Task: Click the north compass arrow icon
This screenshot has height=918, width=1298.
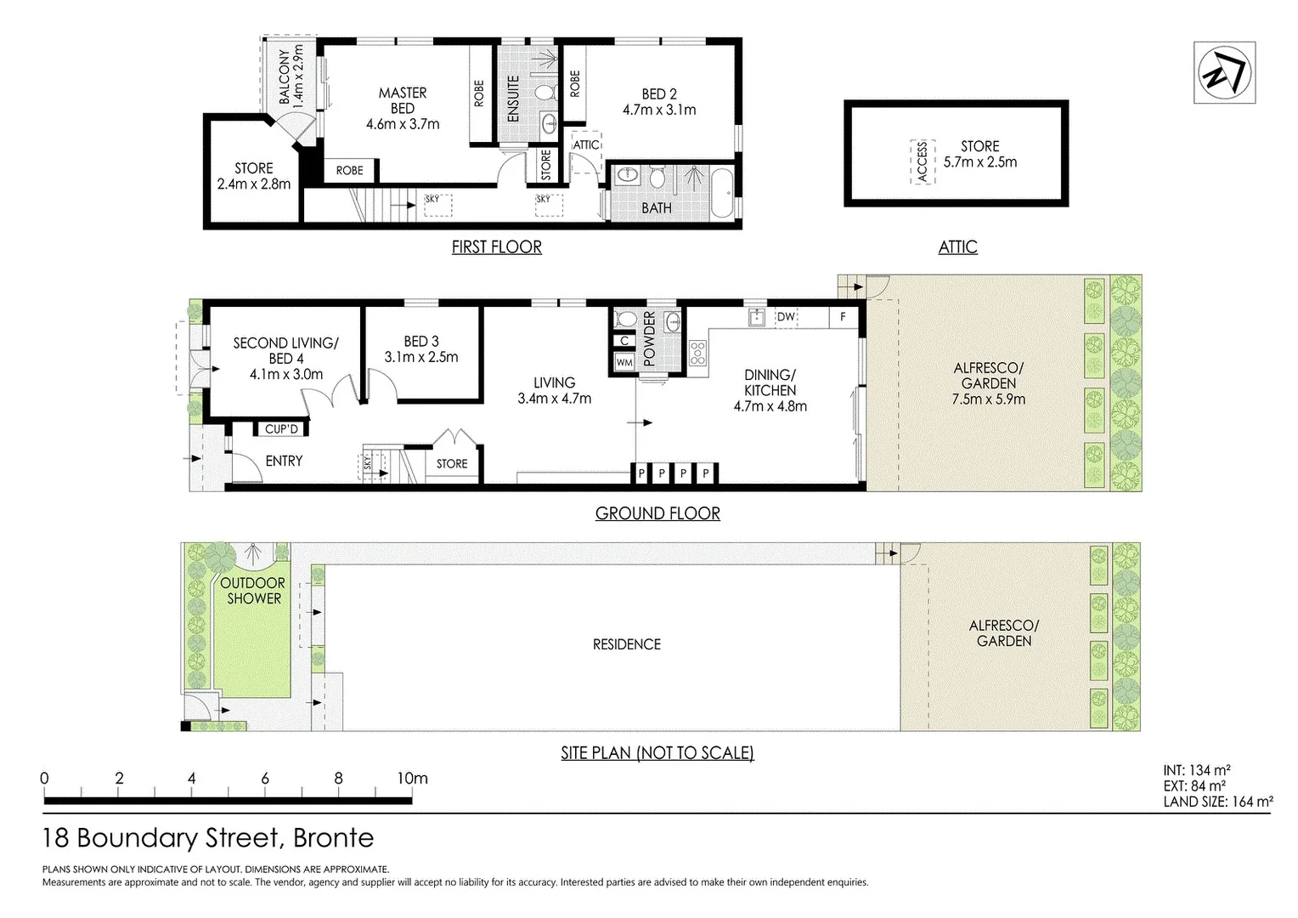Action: coord(1224,73)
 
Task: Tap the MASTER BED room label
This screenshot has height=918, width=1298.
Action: coord(403,100)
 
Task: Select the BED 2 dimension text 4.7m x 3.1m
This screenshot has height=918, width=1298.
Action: coord(659,110)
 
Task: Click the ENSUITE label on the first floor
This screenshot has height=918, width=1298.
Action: coord(513,99)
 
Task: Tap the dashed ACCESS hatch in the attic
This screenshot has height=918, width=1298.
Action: coord(923,161)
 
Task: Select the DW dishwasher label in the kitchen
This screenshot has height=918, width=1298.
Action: coord(786,317)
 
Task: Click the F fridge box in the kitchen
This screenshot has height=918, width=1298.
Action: coord(843,317)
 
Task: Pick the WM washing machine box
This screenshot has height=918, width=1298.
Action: coord(624,363)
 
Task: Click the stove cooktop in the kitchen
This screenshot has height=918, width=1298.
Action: coord(697,352)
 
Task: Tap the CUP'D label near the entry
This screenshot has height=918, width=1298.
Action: coord(281,429)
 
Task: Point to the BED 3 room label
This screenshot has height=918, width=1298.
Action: coord(421,342)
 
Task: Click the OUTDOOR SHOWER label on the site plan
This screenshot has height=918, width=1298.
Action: coord(253,591)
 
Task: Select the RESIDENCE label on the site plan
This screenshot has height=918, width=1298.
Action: coord(627,644)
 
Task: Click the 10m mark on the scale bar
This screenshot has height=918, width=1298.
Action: coord(413,779)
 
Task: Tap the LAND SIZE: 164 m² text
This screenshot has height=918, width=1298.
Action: coord(1217,801)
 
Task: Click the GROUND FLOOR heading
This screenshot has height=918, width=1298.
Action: coord(657,513)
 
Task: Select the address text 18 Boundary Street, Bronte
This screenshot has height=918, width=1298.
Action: coord(208,838)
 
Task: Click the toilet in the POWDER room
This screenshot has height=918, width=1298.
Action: coord(626,319)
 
